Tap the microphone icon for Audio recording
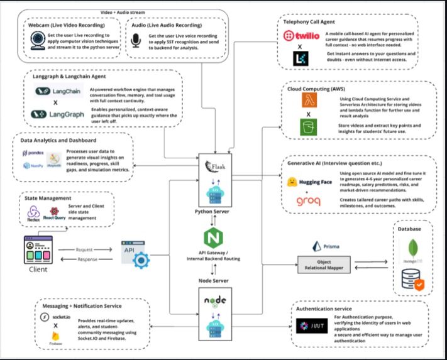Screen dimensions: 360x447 pyautogui.click(x=135, y=41)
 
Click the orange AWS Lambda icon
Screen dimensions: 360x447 pyautogui.click(x=309, y=103)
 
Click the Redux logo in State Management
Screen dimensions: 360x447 pyautogui.click(x=33, y=214)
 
